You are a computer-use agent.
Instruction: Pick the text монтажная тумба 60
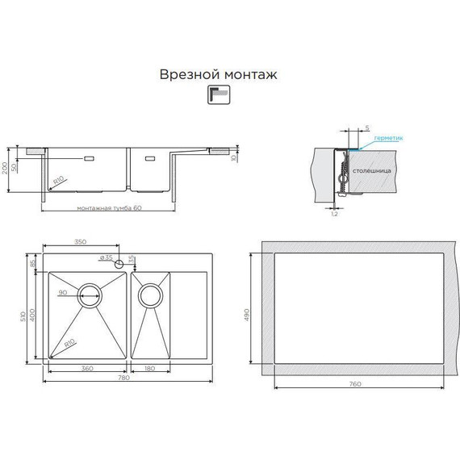109,207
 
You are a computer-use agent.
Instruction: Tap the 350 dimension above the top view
80,242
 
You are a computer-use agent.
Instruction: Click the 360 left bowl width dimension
86,370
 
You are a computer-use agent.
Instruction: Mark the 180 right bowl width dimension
151,370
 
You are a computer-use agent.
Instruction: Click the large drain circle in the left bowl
90,294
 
